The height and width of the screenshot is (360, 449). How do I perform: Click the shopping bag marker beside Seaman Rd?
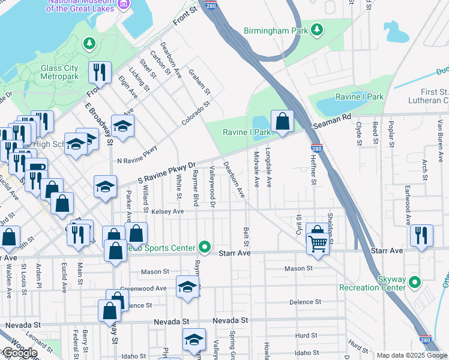click(x=282, y=121)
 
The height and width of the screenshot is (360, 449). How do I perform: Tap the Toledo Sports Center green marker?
click(x=205, y=247)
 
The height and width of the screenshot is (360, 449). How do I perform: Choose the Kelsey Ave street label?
click(x=167, y=212)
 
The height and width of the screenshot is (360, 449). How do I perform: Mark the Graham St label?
click(x=200, y=82)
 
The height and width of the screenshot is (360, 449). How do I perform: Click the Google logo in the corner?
click(x=20, y=353)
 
